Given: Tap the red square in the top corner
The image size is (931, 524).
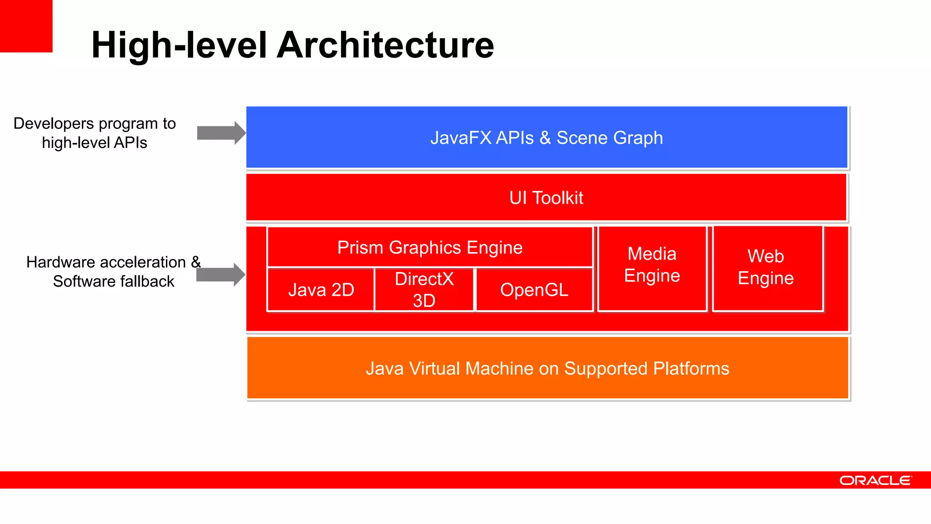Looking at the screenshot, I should click(x=26, y=26).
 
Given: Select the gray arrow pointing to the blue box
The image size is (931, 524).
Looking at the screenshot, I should click(x=221, y=133).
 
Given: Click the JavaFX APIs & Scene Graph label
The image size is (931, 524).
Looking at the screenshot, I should click(x=546, y=138).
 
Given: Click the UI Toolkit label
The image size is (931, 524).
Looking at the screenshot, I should click(x=546, y=198).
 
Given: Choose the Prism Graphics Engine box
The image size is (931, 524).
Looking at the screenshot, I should click(x=430, y=247).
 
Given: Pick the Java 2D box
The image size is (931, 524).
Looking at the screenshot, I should click(x=321, y=290).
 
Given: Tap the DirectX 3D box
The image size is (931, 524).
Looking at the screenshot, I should click(x=424, y=290).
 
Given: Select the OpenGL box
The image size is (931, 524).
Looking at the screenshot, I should click(x=534, y=290).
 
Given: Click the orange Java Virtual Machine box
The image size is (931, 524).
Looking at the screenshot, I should click(x=547, y=368).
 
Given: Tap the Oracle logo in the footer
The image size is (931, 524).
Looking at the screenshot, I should click(x=876, y=480).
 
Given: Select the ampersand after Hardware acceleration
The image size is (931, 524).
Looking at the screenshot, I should click(x=196, y=262).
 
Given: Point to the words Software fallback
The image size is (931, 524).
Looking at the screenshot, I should click(x=114, y=282).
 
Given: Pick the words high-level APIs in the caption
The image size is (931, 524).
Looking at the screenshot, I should click(x=95, y=143).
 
